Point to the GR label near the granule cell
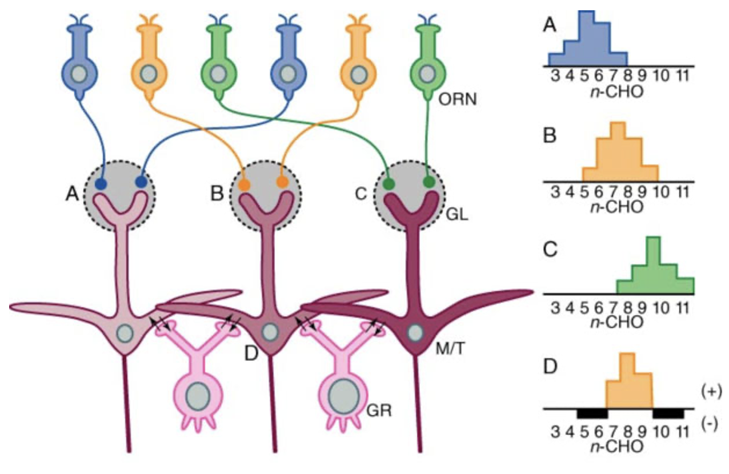(x=380, y=409)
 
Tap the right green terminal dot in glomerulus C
(x=428, y=183)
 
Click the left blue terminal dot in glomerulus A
(x=101, y=184)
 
